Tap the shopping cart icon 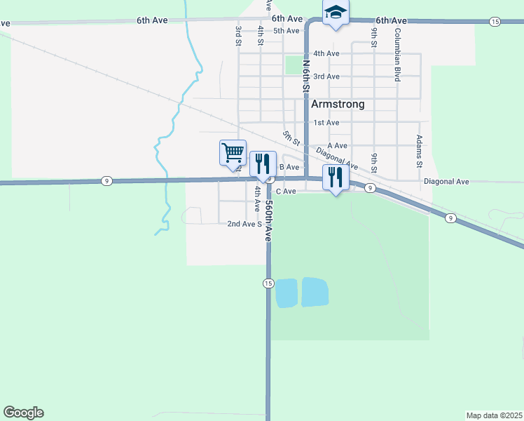click(x=233, y=152)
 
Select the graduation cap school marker click(x=336, y=13)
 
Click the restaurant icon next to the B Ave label click(x=263, y=164)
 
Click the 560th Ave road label click(x=268, y=221)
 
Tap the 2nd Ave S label click(x=244, y=224)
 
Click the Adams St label click(x=420, y=152)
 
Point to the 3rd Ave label click(x=326, y=76)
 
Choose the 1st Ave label click(x=326, y=123)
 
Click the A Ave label click(x=337, y=145)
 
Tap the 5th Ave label click(x=287, y=31)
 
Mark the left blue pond click(x=287, y=293)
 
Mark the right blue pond click(x=315, y=292)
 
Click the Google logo click(x=23, y=413)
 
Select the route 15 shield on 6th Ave click(x=495, y=22)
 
